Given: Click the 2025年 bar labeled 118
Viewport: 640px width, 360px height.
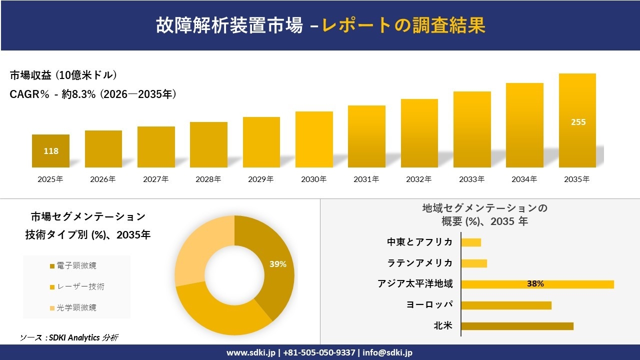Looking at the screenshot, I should [51, 150].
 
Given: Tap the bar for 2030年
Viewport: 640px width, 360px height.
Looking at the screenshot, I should [314, 139].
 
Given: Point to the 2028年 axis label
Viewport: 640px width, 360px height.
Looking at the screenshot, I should [208, 179].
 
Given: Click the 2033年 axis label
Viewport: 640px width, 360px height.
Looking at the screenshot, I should [471, 179].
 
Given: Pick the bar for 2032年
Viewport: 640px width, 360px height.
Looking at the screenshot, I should [419, 133].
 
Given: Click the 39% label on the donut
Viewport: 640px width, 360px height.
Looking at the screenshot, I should [277, 264].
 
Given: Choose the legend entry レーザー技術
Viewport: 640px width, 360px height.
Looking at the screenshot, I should [80, 286].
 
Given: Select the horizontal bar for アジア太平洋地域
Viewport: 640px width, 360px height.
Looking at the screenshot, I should [537, 284].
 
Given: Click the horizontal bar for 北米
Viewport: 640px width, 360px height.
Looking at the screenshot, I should [517, 326].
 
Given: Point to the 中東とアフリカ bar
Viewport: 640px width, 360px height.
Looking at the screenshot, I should [471, 242].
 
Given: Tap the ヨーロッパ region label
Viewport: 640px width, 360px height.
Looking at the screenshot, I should [429, 305].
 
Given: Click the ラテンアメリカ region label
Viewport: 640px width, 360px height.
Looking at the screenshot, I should [420, 263].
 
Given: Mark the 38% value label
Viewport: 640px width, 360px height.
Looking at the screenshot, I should [535, 284].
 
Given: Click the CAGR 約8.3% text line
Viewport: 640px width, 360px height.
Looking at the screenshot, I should [93, 94].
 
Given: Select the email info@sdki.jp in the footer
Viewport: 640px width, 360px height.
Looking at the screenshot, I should [387, 352].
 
